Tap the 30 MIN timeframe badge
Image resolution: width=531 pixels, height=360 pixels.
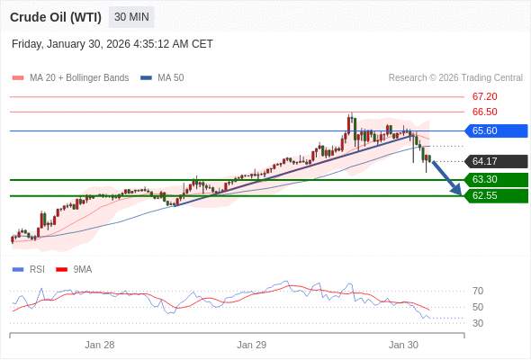click(132, 17)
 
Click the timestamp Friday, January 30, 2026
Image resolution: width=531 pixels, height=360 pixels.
click(112, 44)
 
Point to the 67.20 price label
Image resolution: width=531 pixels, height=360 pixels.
click(484, 96)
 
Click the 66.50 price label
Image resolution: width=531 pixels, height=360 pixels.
click(484, 112)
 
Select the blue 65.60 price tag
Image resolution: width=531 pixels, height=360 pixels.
click(495, 130)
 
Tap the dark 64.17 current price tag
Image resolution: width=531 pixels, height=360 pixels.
click(495, 161)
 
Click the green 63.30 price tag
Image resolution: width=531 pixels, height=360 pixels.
click(495, 180)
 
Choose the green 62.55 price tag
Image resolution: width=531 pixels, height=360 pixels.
click(495, 195)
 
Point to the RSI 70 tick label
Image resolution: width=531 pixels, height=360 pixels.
click(478, 291)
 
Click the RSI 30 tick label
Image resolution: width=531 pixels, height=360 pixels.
click(478, 323)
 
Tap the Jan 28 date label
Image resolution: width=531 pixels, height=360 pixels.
click(100, 345)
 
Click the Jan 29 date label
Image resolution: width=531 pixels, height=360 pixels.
click(252, 345)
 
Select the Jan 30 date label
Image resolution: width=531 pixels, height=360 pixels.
click(403, 345)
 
